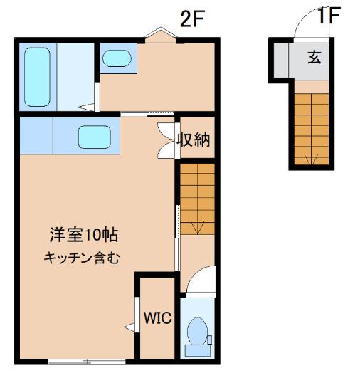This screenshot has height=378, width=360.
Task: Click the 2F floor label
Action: (x=192, y=19)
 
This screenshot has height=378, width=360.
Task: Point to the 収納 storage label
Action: (x=194, y=140)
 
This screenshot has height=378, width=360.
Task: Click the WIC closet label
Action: (x=159, y=318)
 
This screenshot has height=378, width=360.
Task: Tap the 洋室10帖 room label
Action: (x=83, y=234)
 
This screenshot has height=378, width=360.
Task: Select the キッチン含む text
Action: (x=80, y=258)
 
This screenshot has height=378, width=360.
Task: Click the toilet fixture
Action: (x=196, y=332)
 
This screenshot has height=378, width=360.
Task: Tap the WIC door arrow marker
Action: (x=129, y=327)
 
